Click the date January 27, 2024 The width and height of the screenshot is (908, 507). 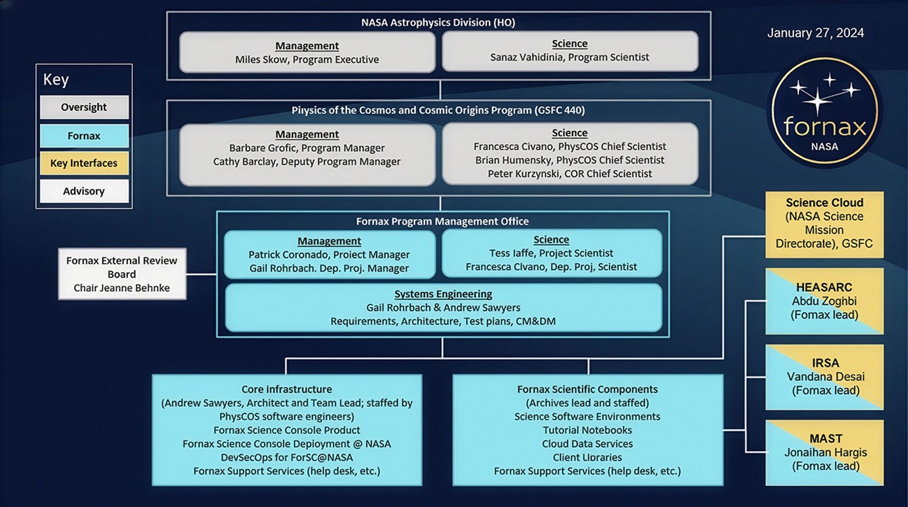coord(815,33)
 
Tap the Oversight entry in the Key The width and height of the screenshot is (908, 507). coord(84,107)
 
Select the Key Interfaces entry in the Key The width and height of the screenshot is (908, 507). coord(84,163)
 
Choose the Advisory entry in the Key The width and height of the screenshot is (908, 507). coord(84,191)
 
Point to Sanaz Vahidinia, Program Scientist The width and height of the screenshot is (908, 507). coord(569,57)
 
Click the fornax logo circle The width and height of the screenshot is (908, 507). coord(824,111)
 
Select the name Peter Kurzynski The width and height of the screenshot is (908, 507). coord(524,174)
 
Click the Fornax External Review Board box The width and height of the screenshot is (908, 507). coord(122,274)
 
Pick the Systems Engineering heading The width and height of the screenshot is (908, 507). coord(443,294)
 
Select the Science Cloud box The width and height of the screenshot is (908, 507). coord(824,224)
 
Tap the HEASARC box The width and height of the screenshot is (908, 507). coord(824,301)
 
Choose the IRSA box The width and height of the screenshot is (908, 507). coord(824,377)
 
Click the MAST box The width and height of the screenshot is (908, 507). coord(824,453)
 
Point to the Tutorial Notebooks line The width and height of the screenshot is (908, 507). coord(587,430)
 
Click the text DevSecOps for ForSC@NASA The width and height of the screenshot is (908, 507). coord(287,457)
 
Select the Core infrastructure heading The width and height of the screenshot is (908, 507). coord(287,389)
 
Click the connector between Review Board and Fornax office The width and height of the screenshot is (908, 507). coord(201,274)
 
